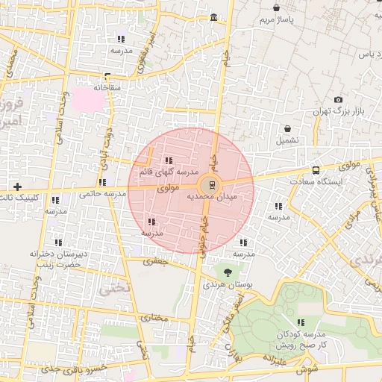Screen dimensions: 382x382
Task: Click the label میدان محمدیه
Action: pos(216,196)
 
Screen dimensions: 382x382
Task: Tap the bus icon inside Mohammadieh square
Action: pos(211,184)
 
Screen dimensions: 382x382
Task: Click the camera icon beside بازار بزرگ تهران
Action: pos(338,100)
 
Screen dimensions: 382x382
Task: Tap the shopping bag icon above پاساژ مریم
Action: pos(277,8)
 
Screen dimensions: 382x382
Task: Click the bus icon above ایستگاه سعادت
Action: pos(316,171)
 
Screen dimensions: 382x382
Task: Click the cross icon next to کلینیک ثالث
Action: pos(17,186)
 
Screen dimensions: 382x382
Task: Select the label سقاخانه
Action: pos(107,87)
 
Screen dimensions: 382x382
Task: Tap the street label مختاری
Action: pos(155,318)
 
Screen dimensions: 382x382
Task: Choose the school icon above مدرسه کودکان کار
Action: pos(301,323)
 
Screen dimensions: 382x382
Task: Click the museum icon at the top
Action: pos(214,17)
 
